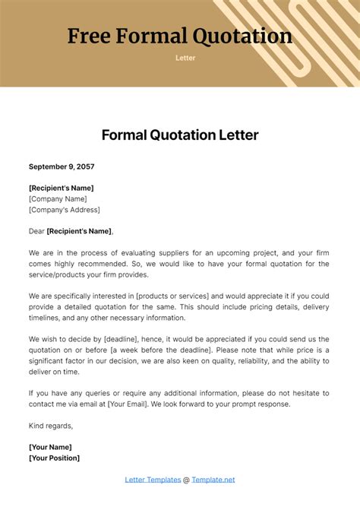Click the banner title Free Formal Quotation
(180, 36)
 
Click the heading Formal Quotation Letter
(180, 135)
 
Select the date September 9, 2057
(62, 166)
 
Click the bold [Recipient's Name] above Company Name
(62, 188)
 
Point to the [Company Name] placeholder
(59, 198)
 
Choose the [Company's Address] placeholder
(65, 210)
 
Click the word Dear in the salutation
(36, 231)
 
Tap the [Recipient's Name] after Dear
(79, 231)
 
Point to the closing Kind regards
(51, 425)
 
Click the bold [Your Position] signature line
(55, 458)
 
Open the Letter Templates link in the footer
(153, 480)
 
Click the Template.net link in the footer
(213, 480)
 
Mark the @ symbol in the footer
(186, 480)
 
